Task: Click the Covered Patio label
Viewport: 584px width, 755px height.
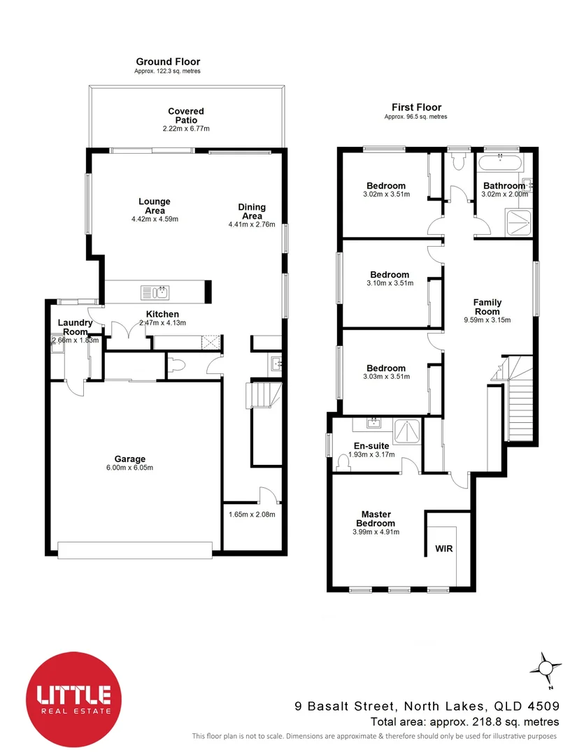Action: pos(186,115)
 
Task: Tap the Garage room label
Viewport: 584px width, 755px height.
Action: pos(130,459)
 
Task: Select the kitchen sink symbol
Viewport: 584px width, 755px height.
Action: pos(154,291)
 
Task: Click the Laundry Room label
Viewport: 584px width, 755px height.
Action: pos(75,327)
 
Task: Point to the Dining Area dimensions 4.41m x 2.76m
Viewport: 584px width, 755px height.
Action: pos(252,224)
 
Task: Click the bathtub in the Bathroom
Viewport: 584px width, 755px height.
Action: pos(499,162)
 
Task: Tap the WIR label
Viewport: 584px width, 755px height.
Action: pos(444,549)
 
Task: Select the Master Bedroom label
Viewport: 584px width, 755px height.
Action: pos(376,518)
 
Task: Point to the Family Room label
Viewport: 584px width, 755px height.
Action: pos(487,307)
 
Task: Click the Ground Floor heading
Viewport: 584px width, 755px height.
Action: pos(168,62)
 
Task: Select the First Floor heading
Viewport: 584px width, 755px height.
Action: pos(416,107)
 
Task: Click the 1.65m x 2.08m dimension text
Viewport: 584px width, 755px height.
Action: pos(252,515)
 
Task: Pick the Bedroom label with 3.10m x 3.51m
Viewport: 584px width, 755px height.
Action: pos(390,275)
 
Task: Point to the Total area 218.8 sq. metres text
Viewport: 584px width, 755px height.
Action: pos(464,721)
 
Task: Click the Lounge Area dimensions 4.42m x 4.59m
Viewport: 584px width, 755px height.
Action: pos(155,219)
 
